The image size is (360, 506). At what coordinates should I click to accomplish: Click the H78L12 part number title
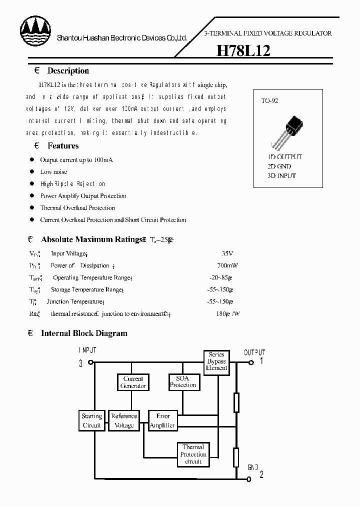point(243,51)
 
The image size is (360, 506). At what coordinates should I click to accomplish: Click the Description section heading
point(68,71)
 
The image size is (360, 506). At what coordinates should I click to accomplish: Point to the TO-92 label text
point(269,100)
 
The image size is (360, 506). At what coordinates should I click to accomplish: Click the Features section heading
point(63,146)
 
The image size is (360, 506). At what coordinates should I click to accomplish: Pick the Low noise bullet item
point(53,172)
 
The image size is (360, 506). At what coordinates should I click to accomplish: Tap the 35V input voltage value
point(227,253)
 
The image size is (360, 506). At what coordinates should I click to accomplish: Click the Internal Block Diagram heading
point(84,333)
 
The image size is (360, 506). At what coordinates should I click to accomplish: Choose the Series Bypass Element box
point(216,361)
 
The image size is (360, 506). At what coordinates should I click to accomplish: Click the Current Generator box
point(133,382)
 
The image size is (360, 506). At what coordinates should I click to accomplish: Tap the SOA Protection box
point(183,382)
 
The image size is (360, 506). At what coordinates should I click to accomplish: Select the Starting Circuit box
point(91,420)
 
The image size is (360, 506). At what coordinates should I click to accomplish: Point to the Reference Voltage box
point(124,420)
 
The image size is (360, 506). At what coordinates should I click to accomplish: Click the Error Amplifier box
point(163,420)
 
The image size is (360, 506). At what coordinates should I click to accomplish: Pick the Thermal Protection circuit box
point(193,454)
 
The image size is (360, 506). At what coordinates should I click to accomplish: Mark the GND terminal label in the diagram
point(253,467)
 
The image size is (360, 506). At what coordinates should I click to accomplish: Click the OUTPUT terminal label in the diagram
point(254,352)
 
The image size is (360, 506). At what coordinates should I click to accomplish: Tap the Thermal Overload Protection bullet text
point(77,208)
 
